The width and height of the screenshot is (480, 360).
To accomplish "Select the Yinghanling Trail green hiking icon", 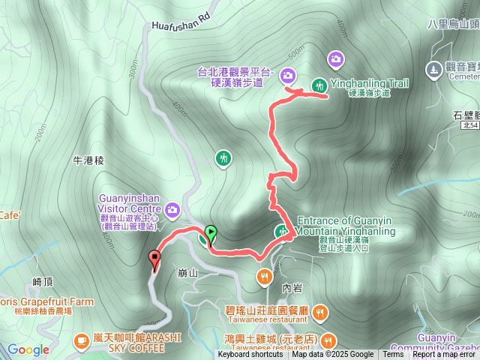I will [319, 85].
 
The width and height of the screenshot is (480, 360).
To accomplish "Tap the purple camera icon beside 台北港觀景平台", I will [288, 75].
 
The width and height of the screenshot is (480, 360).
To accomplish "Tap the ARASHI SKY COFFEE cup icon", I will [80, 341].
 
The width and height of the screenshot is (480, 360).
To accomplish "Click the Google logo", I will [28, 349].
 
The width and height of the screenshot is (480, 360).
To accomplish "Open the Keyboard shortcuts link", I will [250, 355].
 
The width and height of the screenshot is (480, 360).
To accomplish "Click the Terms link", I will [393, 355].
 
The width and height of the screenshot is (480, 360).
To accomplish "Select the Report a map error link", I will [444, 355].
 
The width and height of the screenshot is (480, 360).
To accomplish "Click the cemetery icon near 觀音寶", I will [433, 70].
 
